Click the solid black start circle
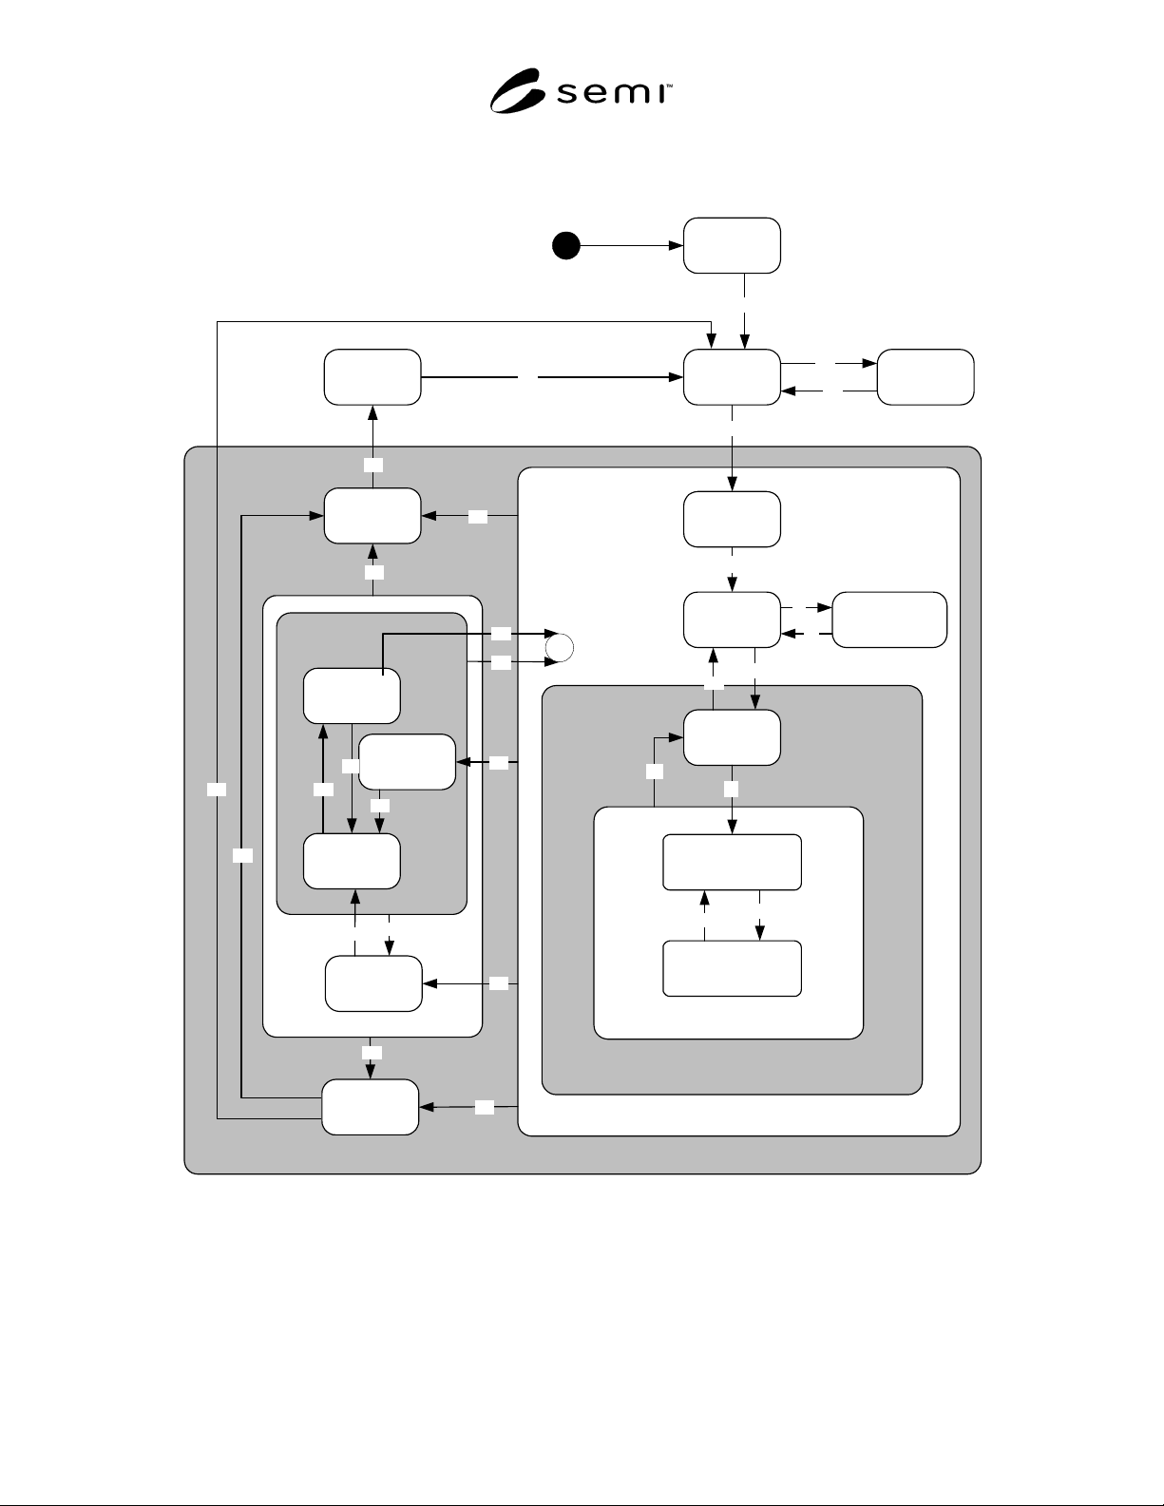coord(566,245)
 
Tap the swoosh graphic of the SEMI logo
coord(515,90)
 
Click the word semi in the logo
coord(610,93)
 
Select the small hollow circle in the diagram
coord(559,648)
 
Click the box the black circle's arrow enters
coord(732,245)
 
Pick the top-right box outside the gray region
coord(925,377)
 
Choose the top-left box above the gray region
coord(372,377)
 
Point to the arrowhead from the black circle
coord(677,245)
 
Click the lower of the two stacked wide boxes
coord(733,968)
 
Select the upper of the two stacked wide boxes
coord(733,862)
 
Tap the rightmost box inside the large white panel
coord(889,620)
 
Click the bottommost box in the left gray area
coord(370,1107)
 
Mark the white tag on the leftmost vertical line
coord(217,790)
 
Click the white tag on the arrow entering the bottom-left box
coord(485,1108)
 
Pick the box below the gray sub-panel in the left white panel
coord(373,983)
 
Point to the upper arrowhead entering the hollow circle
coord(551,634)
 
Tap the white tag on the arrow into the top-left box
coord(373,465)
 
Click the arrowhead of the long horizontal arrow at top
coord(677,377)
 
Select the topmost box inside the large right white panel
coord(732,519)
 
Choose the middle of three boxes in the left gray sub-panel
coord(408,762)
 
